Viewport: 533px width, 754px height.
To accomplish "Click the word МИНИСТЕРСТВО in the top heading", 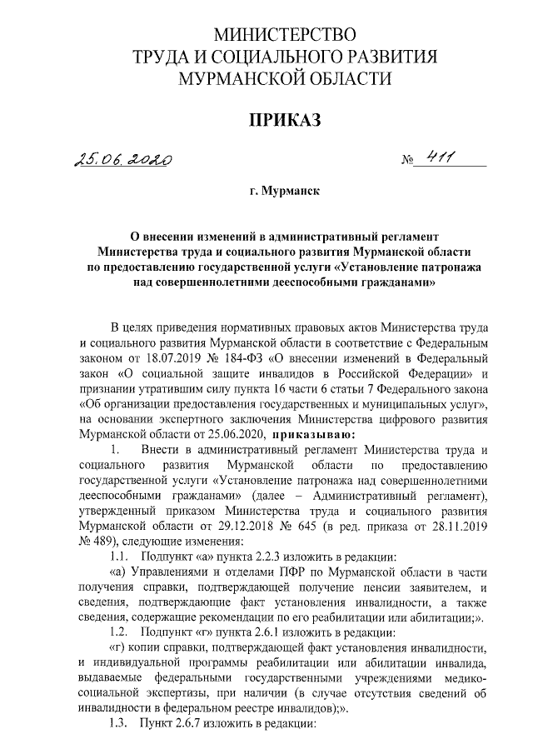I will click(285, 35).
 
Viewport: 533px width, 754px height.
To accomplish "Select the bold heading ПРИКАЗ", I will click(285, 122).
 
